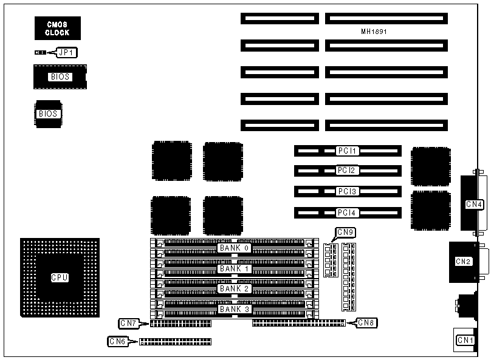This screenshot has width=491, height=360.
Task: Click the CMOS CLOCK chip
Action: (x=58, y=29)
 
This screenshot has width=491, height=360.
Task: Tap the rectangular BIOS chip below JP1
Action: (x=60, y=77)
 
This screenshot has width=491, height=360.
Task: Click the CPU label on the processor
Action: (x=59, y=277)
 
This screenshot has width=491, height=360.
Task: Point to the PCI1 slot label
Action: (x=348, y=150)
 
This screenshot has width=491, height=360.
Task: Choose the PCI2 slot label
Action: (x=348, y=171)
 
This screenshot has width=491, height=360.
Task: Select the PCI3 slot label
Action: (x=348, y=192)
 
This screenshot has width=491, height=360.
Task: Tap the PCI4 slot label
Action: (x=348, y=212)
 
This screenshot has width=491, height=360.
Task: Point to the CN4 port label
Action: (x=474, y=204)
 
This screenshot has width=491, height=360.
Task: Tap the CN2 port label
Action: (x=463, y=262)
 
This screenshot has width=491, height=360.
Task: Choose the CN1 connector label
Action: (x=465, y=339)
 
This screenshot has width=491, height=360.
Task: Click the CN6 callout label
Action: (x=117, y=342)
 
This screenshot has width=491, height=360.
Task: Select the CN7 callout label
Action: (x=129, y=322)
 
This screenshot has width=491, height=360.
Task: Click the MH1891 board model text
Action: (x=374, y=31)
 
